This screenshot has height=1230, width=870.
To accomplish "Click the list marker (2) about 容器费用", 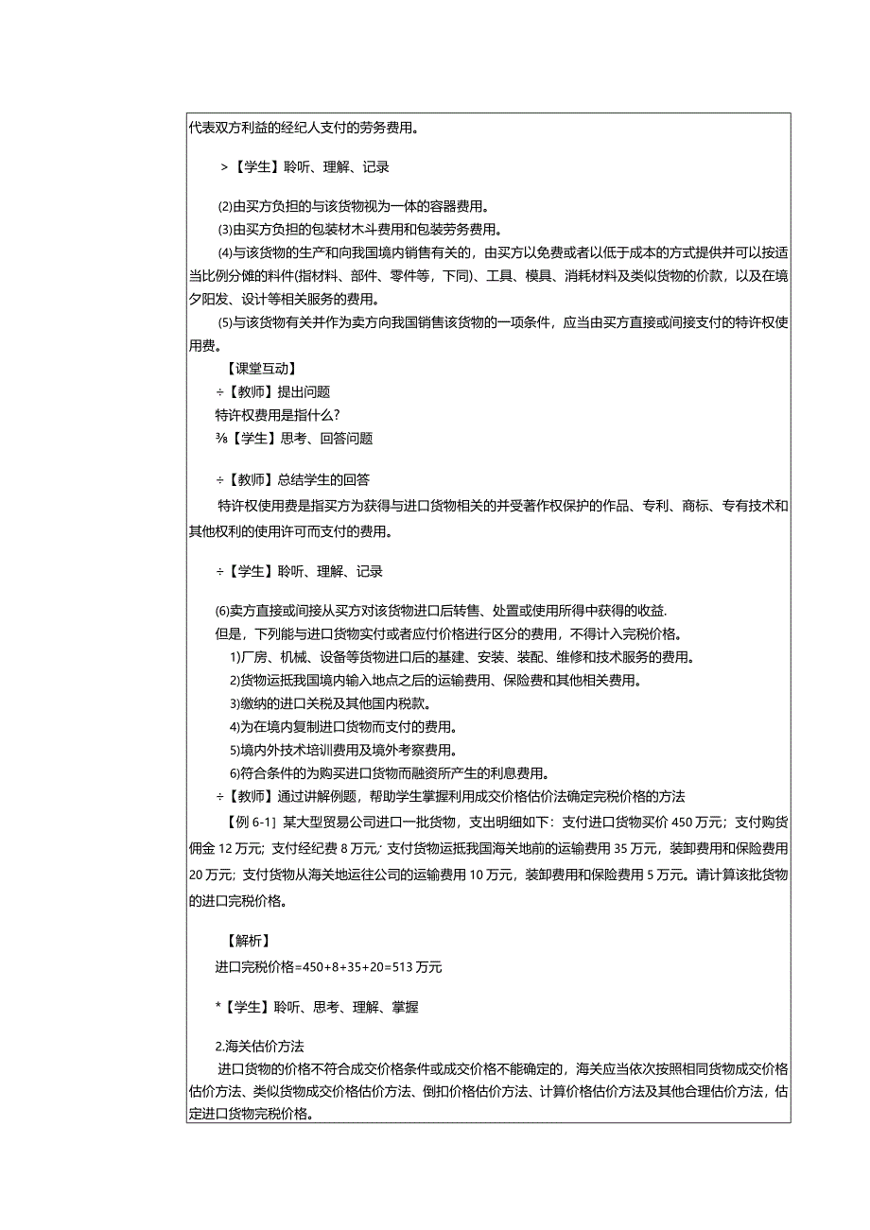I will [x=224, y=206].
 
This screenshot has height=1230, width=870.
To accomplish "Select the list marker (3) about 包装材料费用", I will [x=224, y=229].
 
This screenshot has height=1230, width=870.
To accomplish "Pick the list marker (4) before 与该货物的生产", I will [x=224, y=252].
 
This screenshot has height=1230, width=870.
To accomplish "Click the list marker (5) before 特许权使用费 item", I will [x=224, y=322].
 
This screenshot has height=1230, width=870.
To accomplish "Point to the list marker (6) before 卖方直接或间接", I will [x=224, y=610].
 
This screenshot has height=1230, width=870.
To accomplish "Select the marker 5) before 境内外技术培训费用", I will [x=235, y=750].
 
